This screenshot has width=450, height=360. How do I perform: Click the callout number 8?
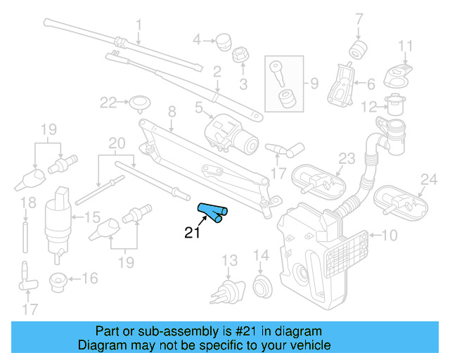(171, 111)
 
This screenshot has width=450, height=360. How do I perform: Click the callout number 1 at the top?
(139, 25)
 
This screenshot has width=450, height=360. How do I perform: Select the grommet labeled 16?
(58, 281)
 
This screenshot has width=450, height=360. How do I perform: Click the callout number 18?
(26, 205)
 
